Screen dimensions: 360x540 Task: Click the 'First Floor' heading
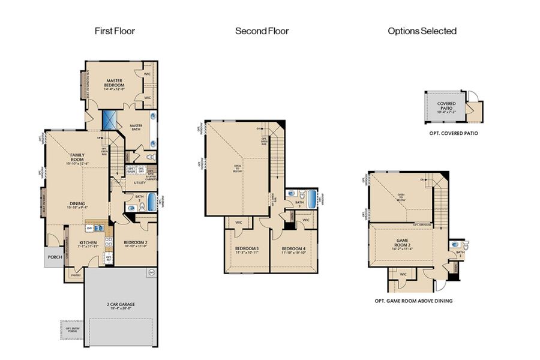click(115, 31)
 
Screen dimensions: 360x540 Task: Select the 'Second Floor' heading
click(262, 31)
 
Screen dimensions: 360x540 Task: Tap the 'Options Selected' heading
click(422, 31)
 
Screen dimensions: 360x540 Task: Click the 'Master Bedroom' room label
click(115, 83)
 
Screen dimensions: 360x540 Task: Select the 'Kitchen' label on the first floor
click(88, 244)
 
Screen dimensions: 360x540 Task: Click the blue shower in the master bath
click(110, 119)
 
